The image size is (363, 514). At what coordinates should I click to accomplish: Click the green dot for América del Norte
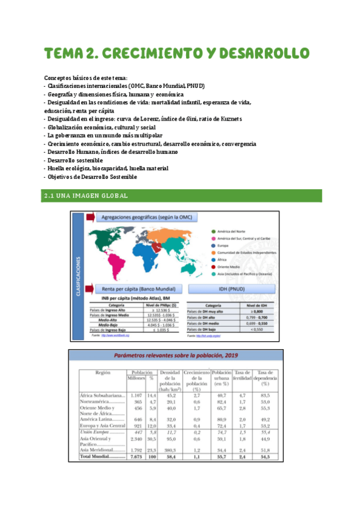211,231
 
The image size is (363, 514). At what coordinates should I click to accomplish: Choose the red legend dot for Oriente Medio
211,265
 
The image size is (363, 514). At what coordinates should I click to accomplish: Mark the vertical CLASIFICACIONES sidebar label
79,276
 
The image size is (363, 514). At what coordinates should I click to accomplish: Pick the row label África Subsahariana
101,395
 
